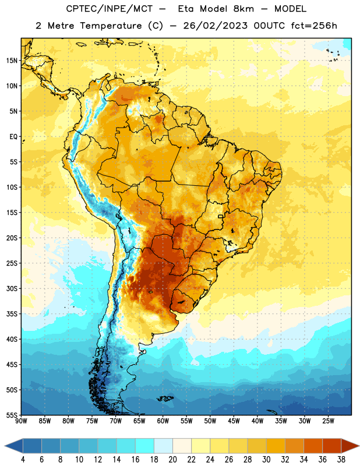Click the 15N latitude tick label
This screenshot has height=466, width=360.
(x=12, y=61)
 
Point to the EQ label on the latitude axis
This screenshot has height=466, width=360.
(x=13, y=137)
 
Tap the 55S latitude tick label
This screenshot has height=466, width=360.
(x=12, y=415)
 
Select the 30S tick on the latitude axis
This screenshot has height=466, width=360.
(x=12, y=288)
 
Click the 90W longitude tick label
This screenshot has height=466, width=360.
(x=21, y=421)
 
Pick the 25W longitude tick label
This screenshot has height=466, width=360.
(x=328, y=421)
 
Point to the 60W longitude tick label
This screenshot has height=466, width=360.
(x=163, y=421)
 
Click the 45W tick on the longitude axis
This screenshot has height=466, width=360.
(x=234, y=421)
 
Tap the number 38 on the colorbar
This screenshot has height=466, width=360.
(x=341, y=460)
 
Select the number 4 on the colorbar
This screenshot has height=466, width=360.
(x=23, y=460)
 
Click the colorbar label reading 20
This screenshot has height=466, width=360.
(x=172, y=460)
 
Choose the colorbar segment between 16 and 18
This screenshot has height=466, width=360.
(x=145, y=446)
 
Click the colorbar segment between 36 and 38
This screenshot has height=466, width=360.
(x=332, y=446)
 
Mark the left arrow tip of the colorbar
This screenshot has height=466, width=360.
(x=5, y=446)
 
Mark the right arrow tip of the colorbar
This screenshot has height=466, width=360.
(x=359, y=446)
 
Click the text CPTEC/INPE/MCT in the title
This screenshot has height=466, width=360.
(x=110, y=9)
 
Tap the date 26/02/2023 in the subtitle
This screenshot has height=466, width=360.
(x=215, y=26)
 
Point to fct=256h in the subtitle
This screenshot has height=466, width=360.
(x=314, y=26)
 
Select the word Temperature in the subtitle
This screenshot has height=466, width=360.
(x=111, y=26)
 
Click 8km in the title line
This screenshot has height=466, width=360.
(x=243, y=9)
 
